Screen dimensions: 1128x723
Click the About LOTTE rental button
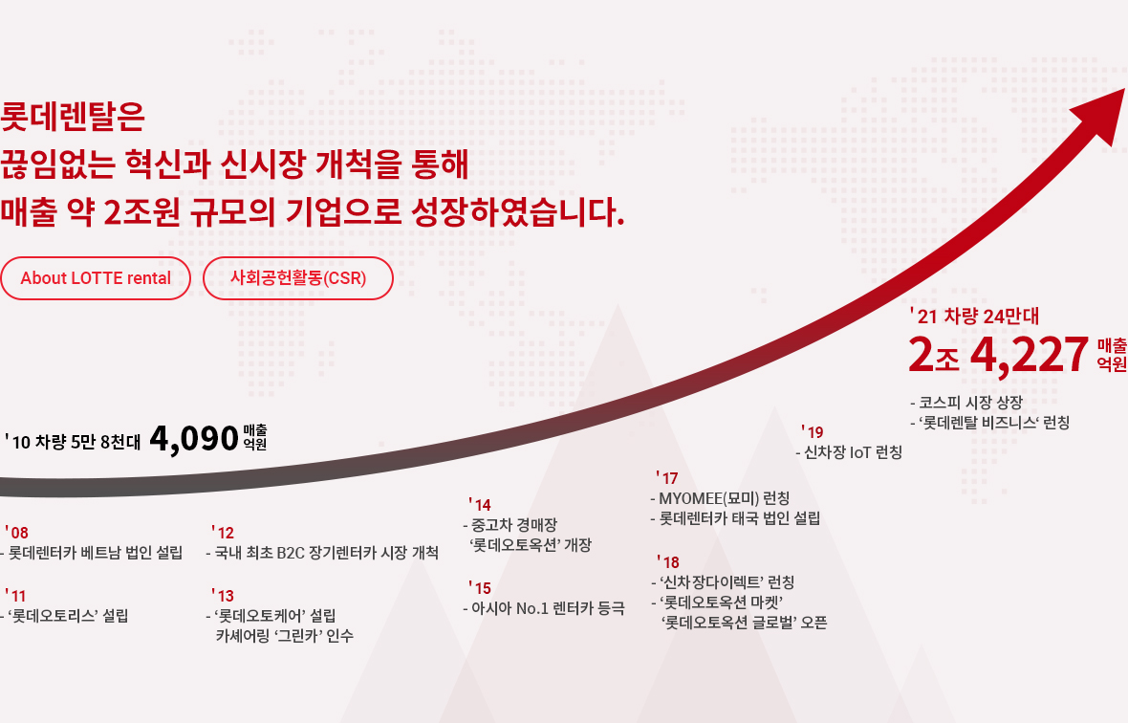click(95, 278)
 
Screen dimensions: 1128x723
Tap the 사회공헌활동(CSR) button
click(298, 278)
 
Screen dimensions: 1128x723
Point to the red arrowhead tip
click(1123, 89)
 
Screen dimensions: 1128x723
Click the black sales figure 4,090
click(193, 438)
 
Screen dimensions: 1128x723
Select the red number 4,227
click(1029, 355)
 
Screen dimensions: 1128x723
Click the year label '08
click(16, 533)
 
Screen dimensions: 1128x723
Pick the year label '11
click(16, 596)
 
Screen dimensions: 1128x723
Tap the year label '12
click(223, 533)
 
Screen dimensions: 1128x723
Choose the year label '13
click(223, 596)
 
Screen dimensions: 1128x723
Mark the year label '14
click(480, 505)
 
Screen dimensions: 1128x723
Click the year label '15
click(480, 588)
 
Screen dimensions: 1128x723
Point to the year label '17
click(667, 478)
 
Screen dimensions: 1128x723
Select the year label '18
click(668, 562)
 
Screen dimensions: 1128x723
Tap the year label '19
click(813, 432)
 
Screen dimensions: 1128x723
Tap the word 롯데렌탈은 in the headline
click(73, 117)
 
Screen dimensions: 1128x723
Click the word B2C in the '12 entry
click(291, 553)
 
